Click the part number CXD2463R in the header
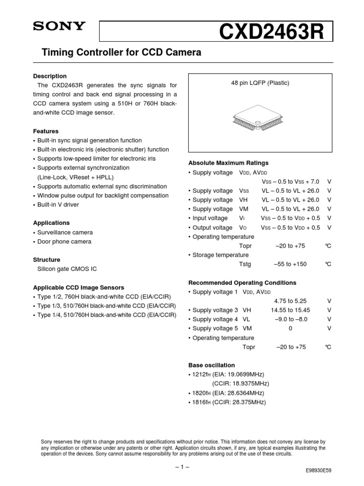coord(271,33)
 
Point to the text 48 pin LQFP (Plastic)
coord(260,83)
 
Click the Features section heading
coord(45,131)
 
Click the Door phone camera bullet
coord(64,242)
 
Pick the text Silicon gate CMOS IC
coord(67,269)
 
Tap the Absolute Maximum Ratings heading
coord(228,163)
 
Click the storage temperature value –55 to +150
coord(290,264)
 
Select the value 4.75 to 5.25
coord(290,301)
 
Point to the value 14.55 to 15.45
coord(290,310)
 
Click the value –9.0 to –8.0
coord(290,319)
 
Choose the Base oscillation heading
coord(211,365)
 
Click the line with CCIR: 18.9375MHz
coord(240,383)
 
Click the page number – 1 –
coord(182,467)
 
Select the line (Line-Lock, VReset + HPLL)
coord(75,177)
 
